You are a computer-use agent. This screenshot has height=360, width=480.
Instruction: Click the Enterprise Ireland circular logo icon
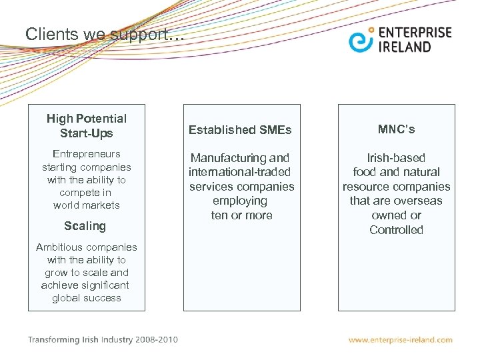[361, 40]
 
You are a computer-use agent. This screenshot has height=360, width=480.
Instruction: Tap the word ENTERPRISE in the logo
[415, 33]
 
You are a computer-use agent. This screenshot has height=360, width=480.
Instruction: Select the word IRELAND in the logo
[405, 47]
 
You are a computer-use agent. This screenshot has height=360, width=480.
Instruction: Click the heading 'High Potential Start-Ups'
[87, 126]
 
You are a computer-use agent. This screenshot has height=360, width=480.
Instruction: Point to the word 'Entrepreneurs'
[87, 154]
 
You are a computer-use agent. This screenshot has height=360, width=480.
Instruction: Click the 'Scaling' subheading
[85, 226]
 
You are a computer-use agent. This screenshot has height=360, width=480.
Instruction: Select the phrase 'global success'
[87, 298]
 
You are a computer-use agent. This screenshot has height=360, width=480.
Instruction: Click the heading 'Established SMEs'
[240, 130]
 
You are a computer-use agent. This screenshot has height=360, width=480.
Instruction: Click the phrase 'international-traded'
[240, 173]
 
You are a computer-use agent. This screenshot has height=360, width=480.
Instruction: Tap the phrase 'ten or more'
[241, 215]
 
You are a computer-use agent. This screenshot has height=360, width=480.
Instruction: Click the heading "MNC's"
[396, 129]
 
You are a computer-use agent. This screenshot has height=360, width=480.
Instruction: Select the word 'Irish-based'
[397, 158]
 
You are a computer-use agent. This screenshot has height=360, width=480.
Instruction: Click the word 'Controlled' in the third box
[397, 230]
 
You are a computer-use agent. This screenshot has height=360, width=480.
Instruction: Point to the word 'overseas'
[420, 201]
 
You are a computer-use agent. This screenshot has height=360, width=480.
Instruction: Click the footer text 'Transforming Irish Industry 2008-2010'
[103, 339]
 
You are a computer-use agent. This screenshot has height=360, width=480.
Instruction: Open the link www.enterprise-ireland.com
[400, 340]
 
